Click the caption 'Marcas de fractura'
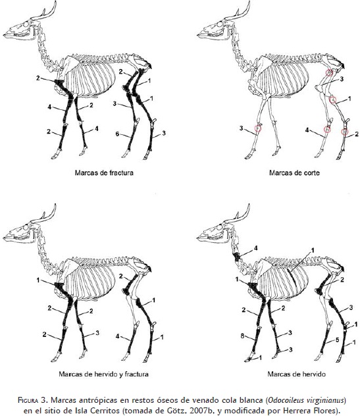click(x=104, y=172)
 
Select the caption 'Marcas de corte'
click(x=294, y=172)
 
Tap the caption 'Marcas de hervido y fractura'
click(x=103, y=374)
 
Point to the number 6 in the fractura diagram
click(x=117, y=134)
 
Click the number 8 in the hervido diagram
click(x=242, y=336)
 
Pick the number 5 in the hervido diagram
click(x=338, y=340)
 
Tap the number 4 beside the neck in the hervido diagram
click(x=256, y=247)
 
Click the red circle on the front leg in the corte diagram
click(x=258, y=128)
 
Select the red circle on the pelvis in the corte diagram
click(x=329, y=72)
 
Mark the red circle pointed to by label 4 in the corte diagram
click(x=328, y=129)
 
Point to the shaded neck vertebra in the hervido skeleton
click(x=237, y=257)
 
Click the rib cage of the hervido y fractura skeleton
click(x=90, y=279)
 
